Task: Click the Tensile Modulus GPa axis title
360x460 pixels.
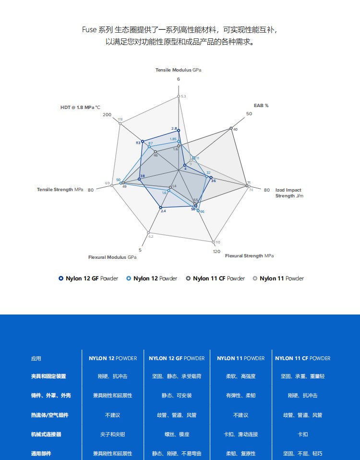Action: tap(178, 70)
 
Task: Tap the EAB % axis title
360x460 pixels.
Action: tap(261, 105)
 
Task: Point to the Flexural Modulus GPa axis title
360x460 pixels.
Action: tap(112, 257)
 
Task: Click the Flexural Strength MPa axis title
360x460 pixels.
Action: tap(250, 256)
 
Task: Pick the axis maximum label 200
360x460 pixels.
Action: tap(107, 115)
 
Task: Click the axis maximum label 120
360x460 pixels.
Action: tap(217, 252)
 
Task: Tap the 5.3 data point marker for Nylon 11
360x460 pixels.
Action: tap(179, 97)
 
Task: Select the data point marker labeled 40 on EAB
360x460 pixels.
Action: tap(231, 128)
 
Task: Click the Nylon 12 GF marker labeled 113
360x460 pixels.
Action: tap(143, 141)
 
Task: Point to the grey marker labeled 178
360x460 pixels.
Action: tap(120, 123)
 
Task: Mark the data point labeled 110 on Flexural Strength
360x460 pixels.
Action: tap(214, 242)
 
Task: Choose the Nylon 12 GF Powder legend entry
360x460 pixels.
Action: tap(88, 278)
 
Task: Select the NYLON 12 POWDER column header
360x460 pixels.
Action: tap(113, 358)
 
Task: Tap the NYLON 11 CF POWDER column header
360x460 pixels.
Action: tap(302, 358)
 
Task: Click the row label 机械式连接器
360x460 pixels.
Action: tap(46, 434)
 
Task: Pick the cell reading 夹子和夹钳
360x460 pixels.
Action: tap(112, 434)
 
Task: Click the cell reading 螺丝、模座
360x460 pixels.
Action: tap(177, 434)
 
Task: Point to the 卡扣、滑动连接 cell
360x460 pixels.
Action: tap(240, 434)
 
